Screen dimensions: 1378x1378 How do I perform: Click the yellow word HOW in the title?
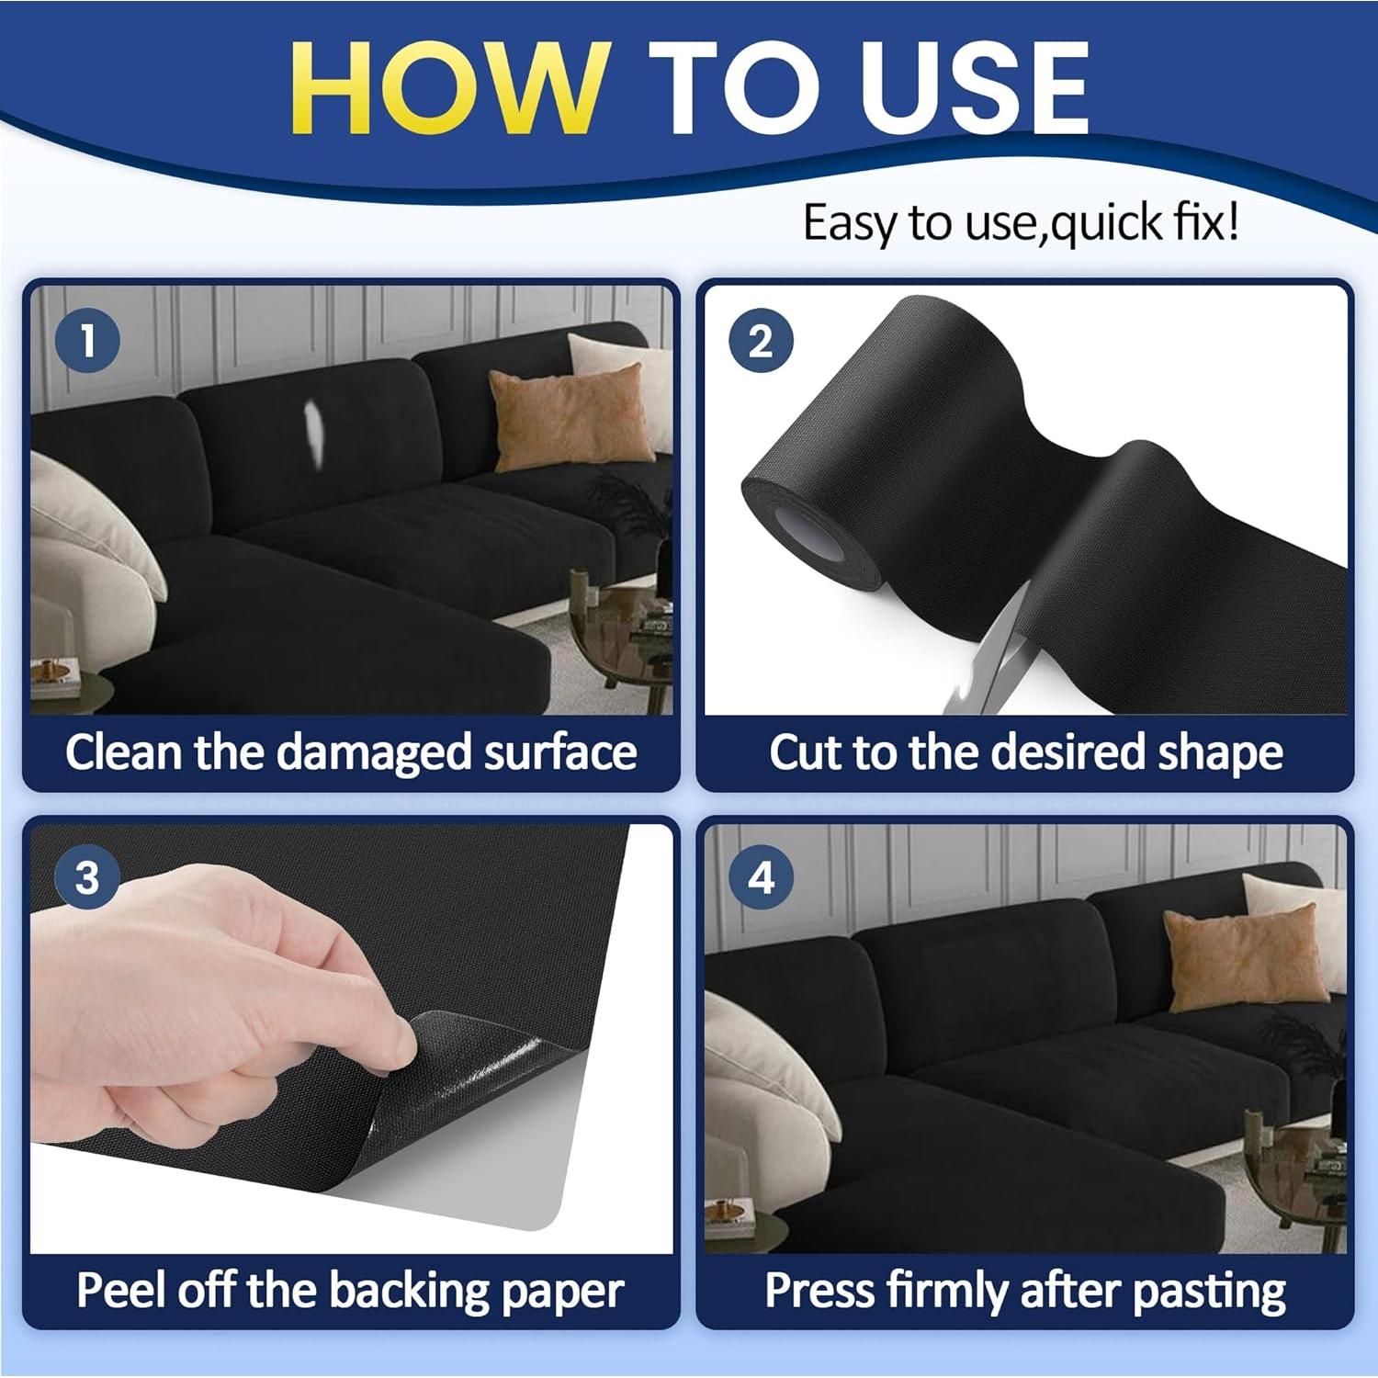[449, 88]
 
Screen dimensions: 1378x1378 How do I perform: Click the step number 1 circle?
[87, 341]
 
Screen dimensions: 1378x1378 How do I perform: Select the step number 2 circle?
[761, 341]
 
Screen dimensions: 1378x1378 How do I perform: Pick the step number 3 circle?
[87, 877]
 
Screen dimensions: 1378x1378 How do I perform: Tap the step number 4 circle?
[761, 877]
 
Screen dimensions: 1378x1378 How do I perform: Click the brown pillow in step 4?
[1245, 956]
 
